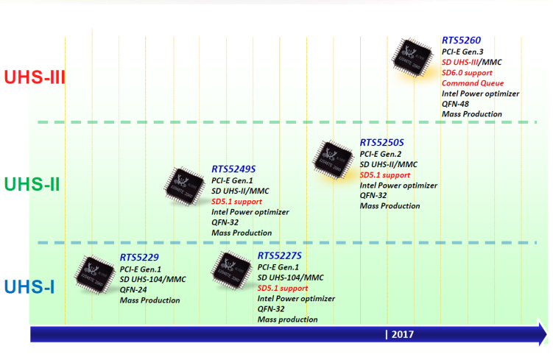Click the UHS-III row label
[x=35, y=77]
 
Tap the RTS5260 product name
[x=462, y=40]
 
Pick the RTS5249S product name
[x=233, y=169]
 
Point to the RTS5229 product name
[x=139, y=258]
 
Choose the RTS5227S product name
[x=280, y=255]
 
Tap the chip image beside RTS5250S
[x=334, y=158]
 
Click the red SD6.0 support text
[x=468, y=73]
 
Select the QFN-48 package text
[x=456, y=104]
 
